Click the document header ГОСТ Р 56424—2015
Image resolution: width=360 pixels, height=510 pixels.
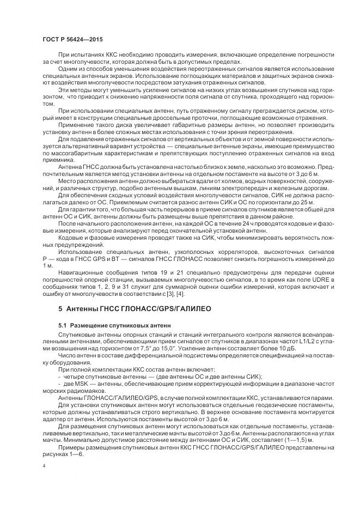[x=72, y=40]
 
